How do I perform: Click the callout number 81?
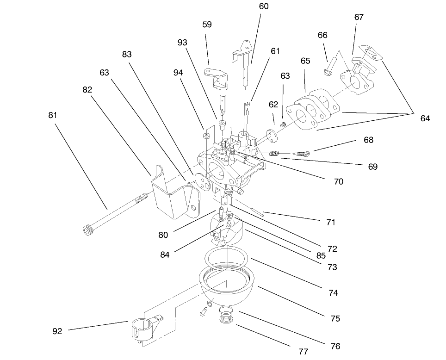pyautogui.click(x=53, y=115)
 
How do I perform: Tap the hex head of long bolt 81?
pyautogui.click(x=87, y=229)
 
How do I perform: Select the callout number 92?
pyautogui.click(x=57, y=331)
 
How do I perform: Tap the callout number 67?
pyautogui.click(x=359, y=17)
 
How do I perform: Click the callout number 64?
pyautogui.click(x=425, y=118)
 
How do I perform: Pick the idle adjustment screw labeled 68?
pyautogui.click(x=304, y=153)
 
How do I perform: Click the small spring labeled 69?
pyautogui.click(x=275, y=154)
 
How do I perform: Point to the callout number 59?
pyautogui.click(x=207, y=25)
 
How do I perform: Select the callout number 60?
pyautogui.click(x=264, y=6)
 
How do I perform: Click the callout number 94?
pyautogui.click(x=179, y=73)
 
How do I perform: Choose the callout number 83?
pyautogui.click(x=127, y=54)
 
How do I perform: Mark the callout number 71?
pyautogui.click(x=331, y=222)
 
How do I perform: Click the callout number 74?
pyautogui.click(x=333, y=292)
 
